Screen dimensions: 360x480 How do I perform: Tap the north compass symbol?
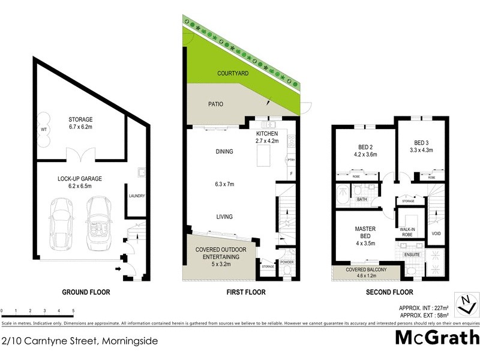tap(464, 304)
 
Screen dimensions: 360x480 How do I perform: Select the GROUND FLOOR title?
tap(86, 292)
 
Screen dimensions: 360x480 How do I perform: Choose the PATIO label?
tap(215, 104)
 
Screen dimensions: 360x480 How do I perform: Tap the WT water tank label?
tap(44, 129)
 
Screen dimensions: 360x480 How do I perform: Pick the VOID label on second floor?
tap(436, 234)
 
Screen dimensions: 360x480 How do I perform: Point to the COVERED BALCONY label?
tap(365, 271)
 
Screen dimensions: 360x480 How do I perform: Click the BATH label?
tap(362, 199)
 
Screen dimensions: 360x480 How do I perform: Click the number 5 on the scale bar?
tap(73, 311)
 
